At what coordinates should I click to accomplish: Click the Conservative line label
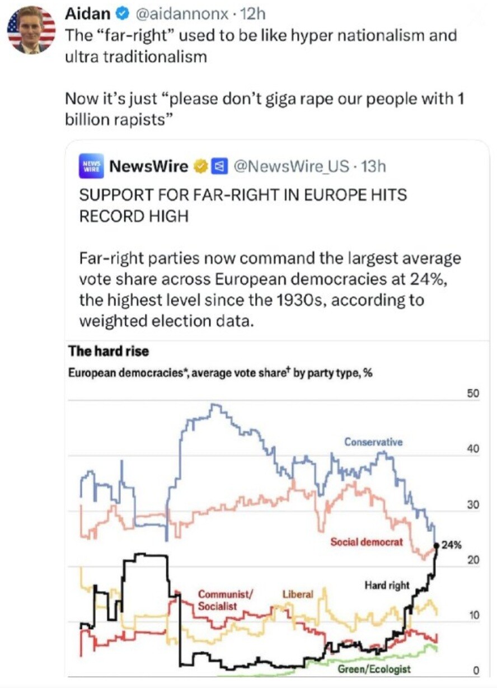coord(373,442)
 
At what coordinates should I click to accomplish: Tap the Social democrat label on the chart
coord(366,542)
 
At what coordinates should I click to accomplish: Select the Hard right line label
coord(387,586)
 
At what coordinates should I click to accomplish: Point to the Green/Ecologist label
coord(374,669)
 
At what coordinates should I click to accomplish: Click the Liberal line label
coord(298,594)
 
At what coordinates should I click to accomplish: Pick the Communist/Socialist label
coord(225,600)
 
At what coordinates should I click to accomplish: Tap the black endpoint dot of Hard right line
coord(437,545)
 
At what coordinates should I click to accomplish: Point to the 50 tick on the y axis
coord(472,394)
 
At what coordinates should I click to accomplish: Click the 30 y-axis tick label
coord(472,506)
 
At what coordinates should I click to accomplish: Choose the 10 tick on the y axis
coord(472,616)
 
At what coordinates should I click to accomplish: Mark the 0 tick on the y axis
coord(475,671)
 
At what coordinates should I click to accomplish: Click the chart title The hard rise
coord(109,352)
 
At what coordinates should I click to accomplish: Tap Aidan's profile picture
coord(31,30)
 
